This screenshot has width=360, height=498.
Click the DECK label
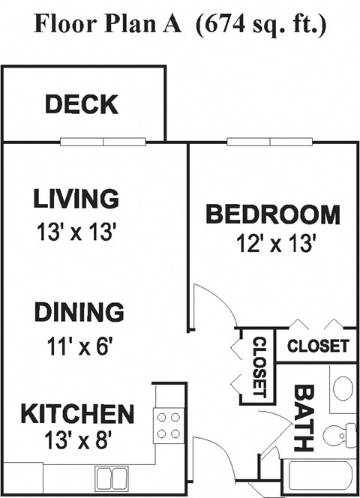point(81,104)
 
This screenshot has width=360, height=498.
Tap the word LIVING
point(76,199)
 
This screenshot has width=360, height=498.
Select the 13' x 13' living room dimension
point(76,232)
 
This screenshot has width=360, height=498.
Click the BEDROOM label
point(272,214)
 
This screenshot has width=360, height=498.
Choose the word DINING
point(79,311)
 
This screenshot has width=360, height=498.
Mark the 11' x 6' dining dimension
point(79,347)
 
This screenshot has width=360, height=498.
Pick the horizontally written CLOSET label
point(318,346)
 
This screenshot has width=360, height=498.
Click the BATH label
point(302,419)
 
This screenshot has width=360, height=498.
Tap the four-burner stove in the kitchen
point(167,425)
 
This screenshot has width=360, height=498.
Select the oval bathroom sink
point(343,389)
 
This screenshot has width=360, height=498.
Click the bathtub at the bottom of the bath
point(321,475)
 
